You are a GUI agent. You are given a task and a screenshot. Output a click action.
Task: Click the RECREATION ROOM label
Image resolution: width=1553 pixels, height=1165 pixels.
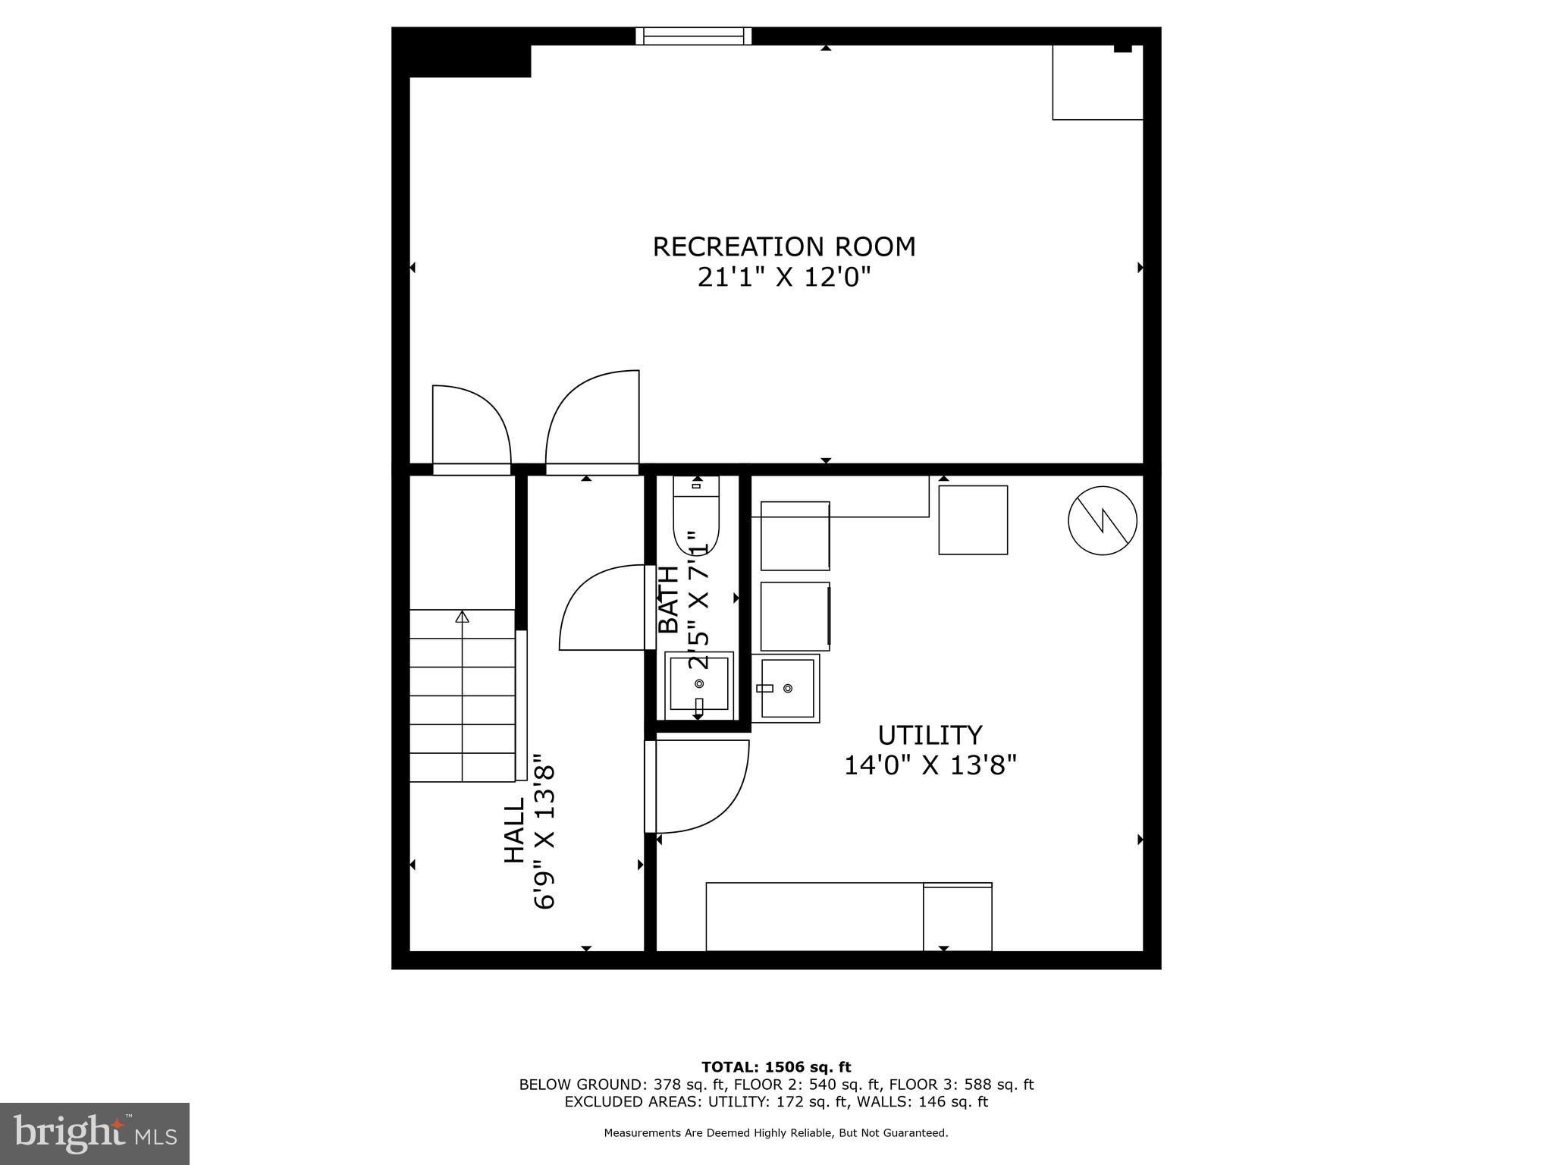(x=784, y=247)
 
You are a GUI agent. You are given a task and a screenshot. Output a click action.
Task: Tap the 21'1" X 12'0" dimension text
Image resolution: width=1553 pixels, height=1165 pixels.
(x=784, y=278)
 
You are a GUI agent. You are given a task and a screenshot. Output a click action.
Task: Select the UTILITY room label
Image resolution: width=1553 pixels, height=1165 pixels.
(x=930, y=735)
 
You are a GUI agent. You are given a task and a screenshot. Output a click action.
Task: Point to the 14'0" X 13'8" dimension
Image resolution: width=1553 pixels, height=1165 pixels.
(x=930, y=765)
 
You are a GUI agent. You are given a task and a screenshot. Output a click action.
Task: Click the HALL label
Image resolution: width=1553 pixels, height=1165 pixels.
(x=515, y=830)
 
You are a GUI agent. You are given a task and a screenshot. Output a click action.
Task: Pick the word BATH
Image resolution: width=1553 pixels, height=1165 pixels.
(x=668, y=599)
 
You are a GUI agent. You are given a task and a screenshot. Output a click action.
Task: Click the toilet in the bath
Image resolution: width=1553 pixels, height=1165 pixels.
(x=696, y=516)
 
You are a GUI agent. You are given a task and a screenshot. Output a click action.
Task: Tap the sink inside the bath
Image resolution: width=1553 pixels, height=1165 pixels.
(x=699, y=685)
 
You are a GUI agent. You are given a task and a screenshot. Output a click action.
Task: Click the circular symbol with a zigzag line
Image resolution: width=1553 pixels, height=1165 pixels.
(x=1102, y=520)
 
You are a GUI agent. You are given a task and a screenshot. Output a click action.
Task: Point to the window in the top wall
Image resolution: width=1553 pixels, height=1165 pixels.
(x=693, y=36)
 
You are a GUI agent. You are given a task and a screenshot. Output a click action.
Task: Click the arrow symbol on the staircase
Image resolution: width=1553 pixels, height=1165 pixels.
(x=462, y=617)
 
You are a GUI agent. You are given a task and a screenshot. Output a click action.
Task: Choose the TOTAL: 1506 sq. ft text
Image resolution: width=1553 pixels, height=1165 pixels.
(x=776, y=1067)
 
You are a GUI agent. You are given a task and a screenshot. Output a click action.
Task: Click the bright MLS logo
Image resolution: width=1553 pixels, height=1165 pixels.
(x=95, y=1133)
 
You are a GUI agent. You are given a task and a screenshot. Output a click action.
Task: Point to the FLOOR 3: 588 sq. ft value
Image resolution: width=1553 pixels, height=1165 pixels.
(x=962, y=1085)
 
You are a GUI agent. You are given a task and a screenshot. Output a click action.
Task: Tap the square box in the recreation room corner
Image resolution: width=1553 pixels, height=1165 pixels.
(x=1097, y=83)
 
